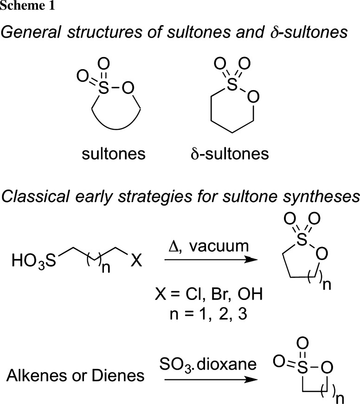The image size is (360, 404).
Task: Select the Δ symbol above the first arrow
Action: click(172, 241)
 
